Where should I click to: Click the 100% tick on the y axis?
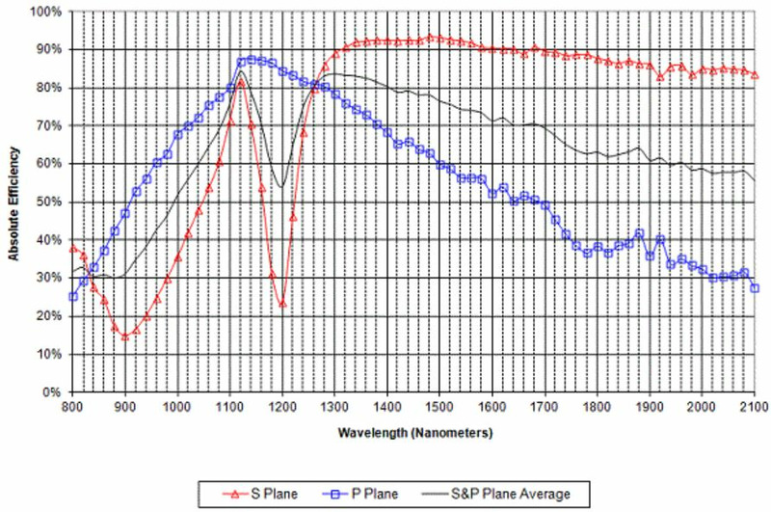pyautogui.click(x=45, y=12)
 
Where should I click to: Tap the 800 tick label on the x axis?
pyautogui.click(x=72, y=407)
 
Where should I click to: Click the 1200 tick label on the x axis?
pyautogui.click(x=282, y=407)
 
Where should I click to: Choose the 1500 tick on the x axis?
pyautogui.click(x=440, y=407)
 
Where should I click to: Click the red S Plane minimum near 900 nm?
pyautogui.click(x=125, y=336)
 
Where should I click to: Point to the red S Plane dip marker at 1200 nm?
pyautogui.click(x=282, y=304)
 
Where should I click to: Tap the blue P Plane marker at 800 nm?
pyautogui.click(x=72, y=296)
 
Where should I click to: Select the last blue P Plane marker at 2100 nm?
pyautogui.click(x=756, y=288)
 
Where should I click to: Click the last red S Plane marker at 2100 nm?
pyautogui.click(x=756, y=74)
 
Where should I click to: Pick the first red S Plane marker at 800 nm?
pyautogui.click(x=72, y=249)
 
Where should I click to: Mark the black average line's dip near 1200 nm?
pyautogui.click(x=281, y=186)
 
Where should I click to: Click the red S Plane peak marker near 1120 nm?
pyautogui.click(x=241, y=83)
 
